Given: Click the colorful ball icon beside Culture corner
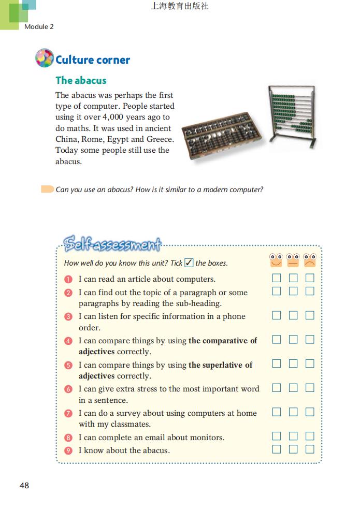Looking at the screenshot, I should (45, 58).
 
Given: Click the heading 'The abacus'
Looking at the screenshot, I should (81, 80).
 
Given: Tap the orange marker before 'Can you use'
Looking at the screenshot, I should (47, 189).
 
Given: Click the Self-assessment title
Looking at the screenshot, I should (112, 243).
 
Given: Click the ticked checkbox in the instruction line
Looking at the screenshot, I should (189, 263).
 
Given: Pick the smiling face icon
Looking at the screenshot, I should (277, 260).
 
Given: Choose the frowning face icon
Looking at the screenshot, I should (310, 260).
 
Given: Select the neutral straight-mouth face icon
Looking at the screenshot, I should (293, 260).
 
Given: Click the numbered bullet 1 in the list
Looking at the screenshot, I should (68, 279).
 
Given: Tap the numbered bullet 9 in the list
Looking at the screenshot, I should (68, 450).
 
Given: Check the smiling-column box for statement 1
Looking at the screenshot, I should (277, 278).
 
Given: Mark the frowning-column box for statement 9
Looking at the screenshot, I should (310, 449).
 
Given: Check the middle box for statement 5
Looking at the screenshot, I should (293, 363).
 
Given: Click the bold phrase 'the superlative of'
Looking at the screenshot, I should (220, 365).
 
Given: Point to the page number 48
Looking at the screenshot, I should (24, 486).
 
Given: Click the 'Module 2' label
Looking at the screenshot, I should (39, 26).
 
